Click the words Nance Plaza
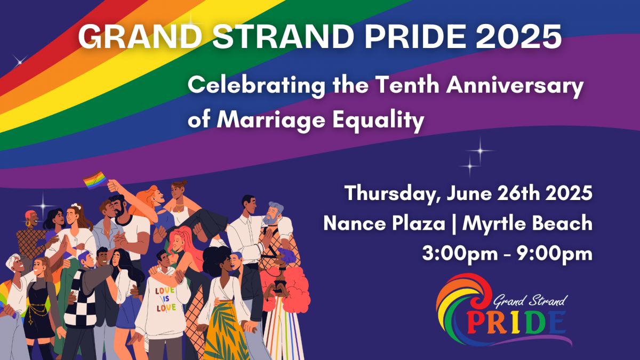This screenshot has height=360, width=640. click(x=385, y=223)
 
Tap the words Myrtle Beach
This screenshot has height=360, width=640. click(x=527, y=224)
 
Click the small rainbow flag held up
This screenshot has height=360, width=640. click(x=95, y=180)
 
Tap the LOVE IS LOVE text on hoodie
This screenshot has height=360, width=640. click(x=166, y=299)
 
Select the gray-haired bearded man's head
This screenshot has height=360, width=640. click(x=274, y=213)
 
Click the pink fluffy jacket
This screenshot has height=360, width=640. click(x=289, y=289)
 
